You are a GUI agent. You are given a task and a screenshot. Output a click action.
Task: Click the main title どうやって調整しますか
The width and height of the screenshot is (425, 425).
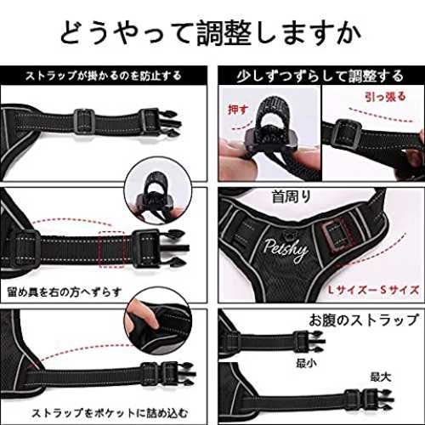211,32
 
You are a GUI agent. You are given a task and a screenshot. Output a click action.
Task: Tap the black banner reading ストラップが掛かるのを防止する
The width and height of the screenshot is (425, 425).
104,76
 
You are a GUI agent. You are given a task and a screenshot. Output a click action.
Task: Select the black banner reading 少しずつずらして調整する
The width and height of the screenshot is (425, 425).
321,76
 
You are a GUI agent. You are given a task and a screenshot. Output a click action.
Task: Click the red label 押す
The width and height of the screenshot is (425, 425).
239,110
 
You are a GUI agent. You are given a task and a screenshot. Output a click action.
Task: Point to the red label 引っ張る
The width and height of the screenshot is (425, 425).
385,97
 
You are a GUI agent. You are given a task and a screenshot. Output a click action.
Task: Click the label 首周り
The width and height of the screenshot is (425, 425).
292,196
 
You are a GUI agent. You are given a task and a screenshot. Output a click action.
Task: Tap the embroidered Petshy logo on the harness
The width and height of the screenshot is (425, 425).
286,250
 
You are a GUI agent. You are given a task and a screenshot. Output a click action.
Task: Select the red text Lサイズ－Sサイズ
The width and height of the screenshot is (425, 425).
373,290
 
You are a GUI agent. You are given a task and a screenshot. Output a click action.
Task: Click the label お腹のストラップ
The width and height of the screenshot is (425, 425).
364,320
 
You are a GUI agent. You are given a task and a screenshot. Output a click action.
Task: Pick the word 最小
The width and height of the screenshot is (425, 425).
306,363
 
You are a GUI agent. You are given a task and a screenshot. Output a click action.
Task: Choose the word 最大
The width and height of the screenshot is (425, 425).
381,377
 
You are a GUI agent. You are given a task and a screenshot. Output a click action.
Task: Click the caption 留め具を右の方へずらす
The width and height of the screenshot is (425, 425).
65,292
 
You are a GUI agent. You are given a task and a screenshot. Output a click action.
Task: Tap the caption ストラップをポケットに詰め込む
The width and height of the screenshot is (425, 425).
110,413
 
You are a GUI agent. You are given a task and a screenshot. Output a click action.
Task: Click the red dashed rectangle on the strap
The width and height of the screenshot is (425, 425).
112,248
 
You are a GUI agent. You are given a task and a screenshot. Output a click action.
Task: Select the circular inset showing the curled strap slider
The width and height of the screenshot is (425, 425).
158,190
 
